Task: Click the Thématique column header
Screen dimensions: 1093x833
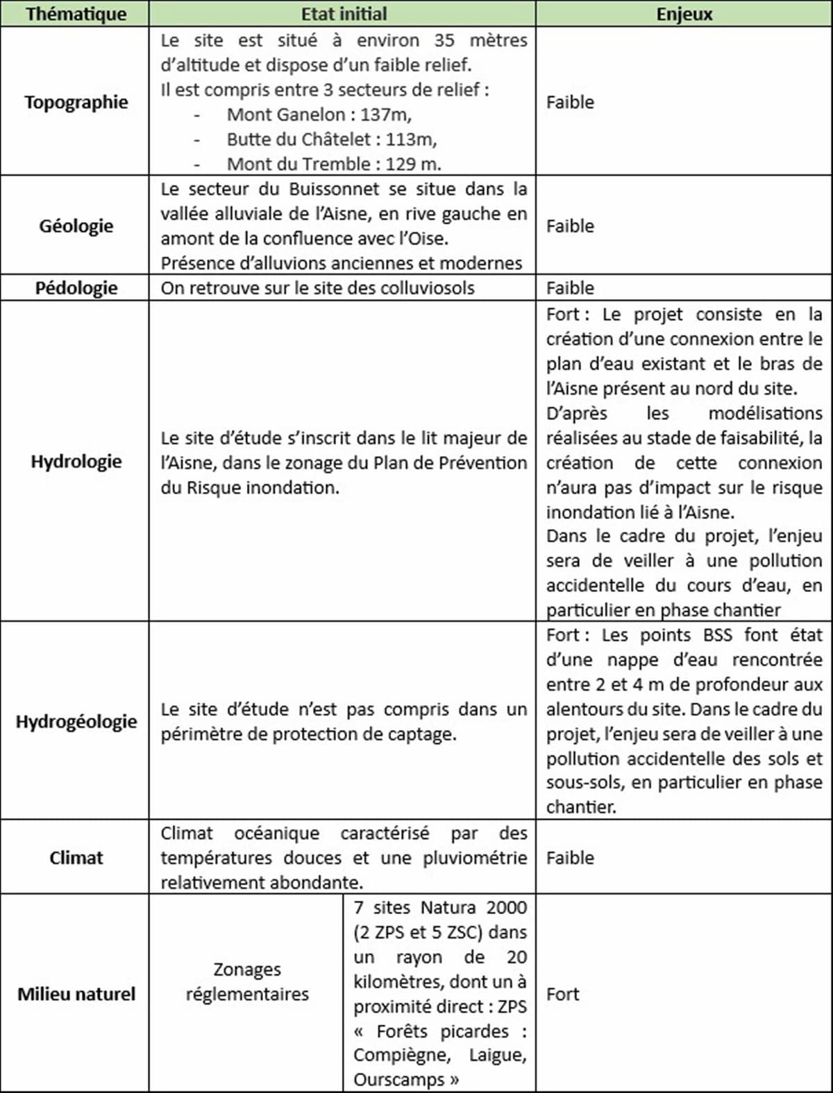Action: [x=76, y=14]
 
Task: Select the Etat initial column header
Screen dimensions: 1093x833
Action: [x=344, y=14]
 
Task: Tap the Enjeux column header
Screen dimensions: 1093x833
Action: [x=684, y=14]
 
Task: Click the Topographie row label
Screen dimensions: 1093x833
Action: [x=76, y=102]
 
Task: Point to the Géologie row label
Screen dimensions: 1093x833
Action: [x=76, y=226]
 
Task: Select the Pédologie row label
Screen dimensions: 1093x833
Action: [x=76, y=288]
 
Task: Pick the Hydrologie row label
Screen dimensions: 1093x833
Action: [x=76, y=461]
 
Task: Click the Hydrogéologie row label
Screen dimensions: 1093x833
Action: [x=76, y=721]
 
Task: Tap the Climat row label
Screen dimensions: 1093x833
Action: [x=76, y=858]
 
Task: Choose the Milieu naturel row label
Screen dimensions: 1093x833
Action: [x=76, y=994]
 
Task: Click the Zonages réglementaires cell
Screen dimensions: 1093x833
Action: [x=247, y=981]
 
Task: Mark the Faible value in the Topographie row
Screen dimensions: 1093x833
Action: [x=570, y=102]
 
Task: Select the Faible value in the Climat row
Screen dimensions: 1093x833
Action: [x=570, y=858]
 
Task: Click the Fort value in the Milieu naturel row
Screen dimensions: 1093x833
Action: [x=562, y=994]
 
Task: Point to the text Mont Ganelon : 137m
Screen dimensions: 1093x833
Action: [x=319, y=115]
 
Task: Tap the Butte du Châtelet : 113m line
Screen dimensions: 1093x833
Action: [x=332, y=139]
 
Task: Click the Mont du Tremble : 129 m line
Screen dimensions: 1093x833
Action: [x=334, y=164]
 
